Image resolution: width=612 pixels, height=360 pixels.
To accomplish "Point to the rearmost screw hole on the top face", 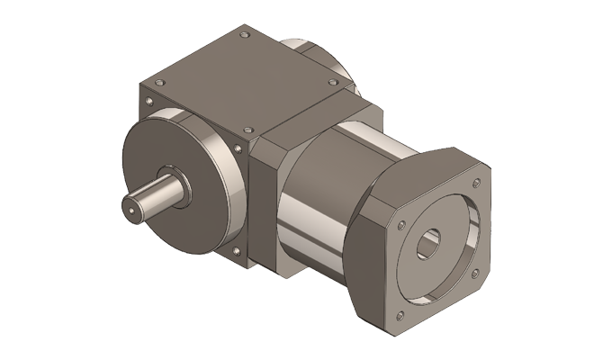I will point(245,37).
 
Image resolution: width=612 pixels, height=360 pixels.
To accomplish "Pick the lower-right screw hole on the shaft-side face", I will point(236,249).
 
